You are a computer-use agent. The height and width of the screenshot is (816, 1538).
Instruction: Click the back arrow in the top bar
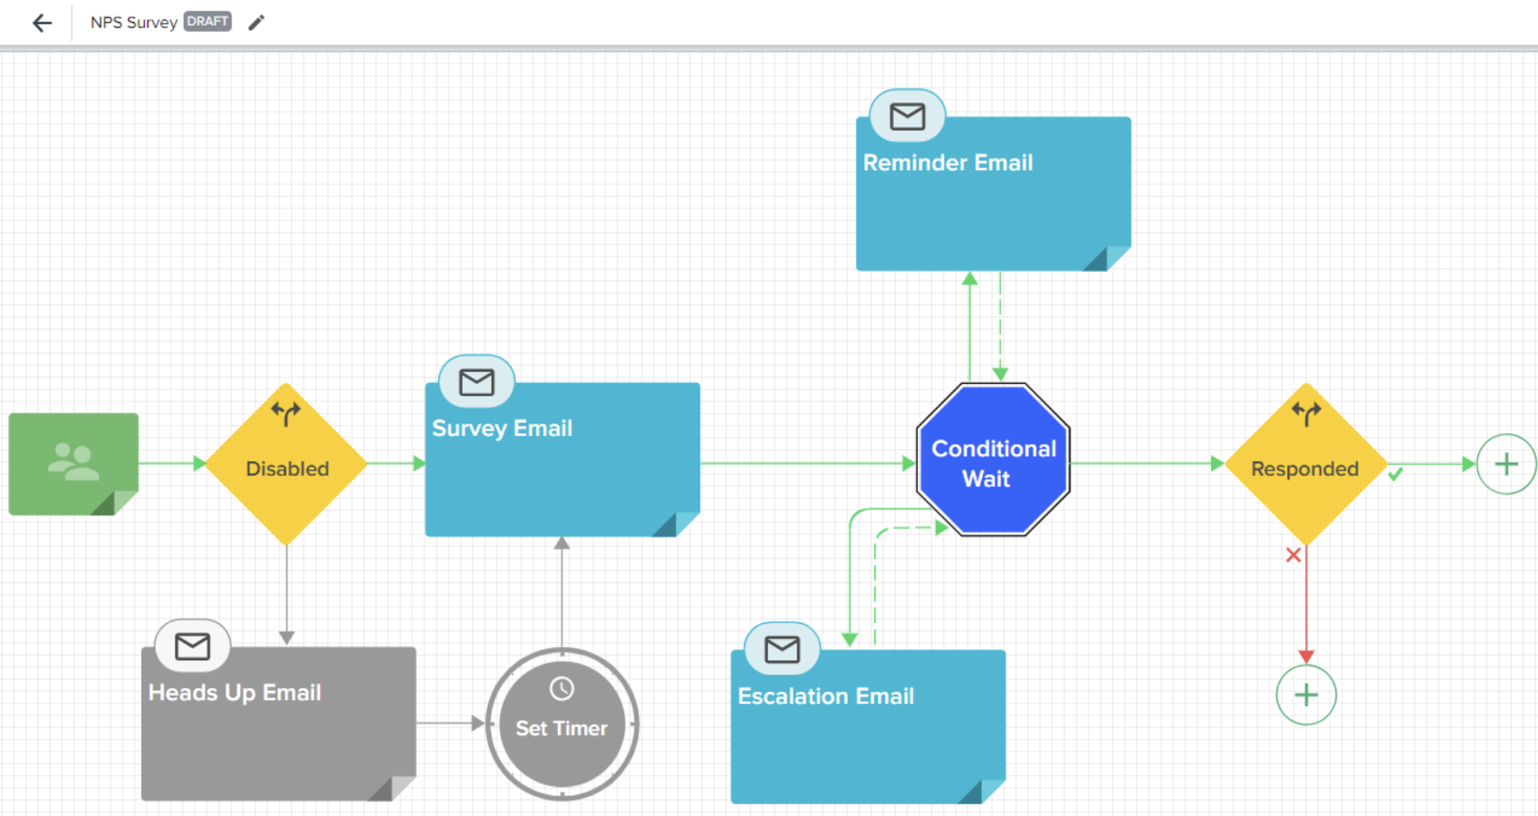point(43,23)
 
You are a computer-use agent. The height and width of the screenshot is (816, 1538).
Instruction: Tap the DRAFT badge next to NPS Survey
point(208,21)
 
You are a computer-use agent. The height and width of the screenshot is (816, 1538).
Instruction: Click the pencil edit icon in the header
point(257,23)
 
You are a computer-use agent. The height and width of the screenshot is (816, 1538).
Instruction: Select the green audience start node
point(74,464)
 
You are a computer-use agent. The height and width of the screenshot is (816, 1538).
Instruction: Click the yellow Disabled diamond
point(287,464)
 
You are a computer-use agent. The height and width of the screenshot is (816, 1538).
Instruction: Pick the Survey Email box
point(563,460)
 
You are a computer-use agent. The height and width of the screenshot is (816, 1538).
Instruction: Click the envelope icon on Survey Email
point(477,382)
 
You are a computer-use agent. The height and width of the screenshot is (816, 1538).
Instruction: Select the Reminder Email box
point(993,194)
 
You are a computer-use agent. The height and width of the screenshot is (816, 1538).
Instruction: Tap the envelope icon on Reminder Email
point(908,117)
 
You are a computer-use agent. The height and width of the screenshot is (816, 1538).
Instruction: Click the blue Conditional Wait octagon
point(993,460)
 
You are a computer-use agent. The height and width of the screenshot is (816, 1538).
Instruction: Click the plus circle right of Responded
point(1507,464)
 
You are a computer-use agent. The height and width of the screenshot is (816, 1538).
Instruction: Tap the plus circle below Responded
point(1307,695)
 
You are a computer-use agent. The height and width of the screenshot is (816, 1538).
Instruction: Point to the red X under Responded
point(1293,556)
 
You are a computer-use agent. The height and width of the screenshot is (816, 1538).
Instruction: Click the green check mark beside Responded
point(1396,474)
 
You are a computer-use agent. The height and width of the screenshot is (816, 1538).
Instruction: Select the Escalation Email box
point(868,727)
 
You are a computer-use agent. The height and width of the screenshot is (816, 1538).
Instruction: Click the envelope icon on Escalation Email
point(782,650)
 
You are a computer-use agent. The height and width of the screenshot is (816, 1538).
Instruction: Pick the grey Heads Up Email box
point(279,724)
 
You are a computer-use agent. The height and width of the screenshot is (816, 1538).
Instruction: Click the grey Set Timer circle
point(562,724)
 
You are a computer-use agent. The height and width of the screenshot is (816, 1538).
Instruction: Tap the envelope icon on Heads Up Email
point(193,647)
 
